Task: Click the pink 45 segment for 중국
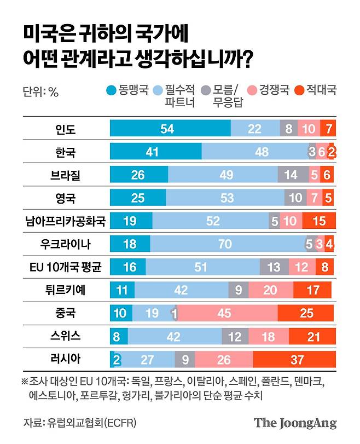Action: pos(227,314)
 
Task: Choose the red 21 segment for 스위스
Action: pos(311,337)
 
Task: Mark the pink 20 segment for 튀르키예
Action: pos(270,291)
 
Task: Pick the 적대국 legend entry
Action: pos(315,91)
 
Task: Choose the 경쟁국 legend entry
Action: pos(268,91)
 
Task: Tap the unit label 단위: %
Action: pos(40,91)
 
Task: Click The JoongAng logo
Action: pos(295,423)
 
